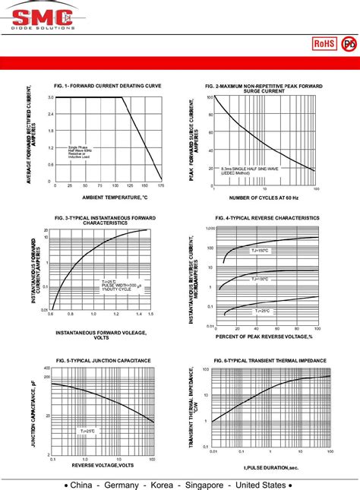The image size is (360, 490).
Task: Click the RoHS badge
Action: point(324,45)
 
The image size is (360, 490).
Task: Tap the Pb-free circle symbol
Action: point(349,45)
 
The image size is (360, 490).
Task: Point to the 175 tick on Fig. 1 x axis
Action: point(160,185)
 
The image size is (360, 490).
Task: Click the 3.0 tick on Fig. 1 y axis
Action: point(50,97)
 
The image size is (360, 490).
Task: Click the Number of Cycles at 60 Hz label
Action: point(264,198)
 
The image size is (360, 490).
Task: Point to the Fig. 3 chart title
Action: point(106,220)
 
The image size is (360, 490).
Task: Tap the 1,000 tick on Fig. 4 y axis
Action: point(210,228)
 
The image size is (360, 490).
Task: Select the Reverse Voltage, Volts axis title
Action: point(103,465)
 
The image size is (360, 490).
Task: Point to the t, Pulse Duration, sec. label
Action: point(271,469)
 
